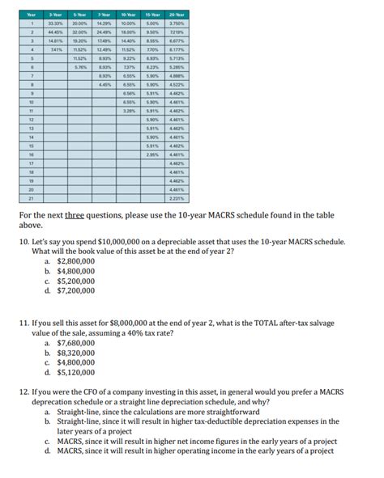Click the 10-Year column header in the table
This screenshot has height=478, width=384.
pyautogui.click(x=129, y=14)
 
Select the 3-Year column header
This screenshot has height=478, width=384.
pyautogui.click(x=57, y=14)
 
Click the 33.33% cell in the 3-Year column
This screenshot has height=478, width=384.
pyautogui.click(x=57, y=23)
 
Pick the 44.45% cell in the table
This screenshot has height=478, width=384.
pyautogui.click(x=57, y=32)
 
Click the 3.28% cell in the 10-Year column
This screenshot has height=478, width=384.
pyautogui.click(x=129, y=110)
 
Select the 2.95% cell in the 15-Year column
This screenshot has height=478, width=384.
pyautogui.click(x=153, y=154)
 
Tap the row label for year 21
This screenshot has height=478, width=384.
pyautogui.click(x=31, y=197)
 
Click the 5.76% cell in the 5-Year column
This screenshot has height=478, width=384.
pyautogui.click(x=80, y=67)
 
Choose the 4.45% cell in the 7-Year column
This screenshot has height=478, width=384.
pyautogui.click(x=105, y=84)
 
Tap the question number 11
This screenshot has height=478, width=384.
pyautogui.click(x=23, y=321)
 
